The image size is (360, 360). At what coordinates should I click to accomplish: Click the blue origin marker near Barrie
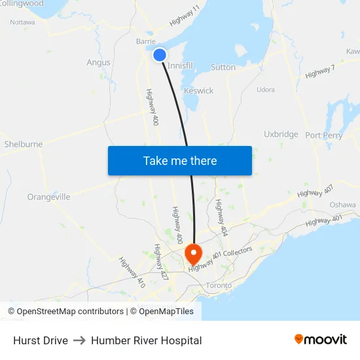pyautogui.click(x=159, y=55)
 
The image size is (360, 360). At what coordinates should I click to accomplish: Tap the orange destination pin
pyautogui.click(x=194, y=253)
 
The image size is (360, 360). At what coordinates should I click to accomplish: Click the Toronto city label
pyautogui.click(x=219, y=285)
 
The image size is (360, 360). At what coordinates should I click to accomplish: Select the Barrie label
pyautogui.click(x=145, y=41)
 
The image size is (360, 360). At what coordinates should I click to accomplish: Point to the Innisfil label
pyautogui.click(x=181, y=66)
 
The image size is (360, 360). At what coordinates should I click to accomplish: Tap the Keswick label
pyautogui.click(x=198, y=91)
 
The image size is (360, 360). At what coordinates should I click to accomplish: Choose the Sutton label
pyautogui.click(x=223, y=67)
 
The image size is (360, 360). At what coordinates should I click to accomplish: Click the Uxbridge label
pyautogui.click(x=281, y=134)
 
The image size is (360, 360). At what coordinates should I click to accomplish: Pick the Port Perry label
pyautogui.click(x=323, y=135)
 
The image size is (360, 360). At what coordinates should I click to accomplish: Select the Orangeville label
pyautogui.click(x=48, y=196)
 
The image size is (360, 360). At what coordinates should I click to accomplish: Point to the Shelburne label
pyautogui.click(x=23, y=144)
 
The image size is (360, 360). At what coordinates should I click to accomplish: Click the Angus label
pyautogui.click(x=98, y=63)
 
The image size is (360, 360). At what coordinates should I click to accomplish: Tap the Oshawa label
pyautogui.click(x=342, y=205)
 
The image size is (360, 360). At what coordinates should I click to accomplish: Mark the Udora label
pyautogui.click(x=265, y=90)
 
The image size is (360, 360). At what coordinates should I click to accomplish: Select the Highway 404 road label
pyautogui.click(x=221, y=218)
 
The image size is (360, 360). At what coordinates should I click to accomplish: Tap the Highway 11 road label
pyautogui.click(x=185, y=16)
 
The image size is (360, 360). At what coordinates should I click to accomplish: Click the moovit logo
pyautogui.click(x=320, y=340)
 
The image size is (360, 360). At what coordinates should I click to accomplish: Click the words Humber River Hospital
pyautogui.click(x=146, y=340)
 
